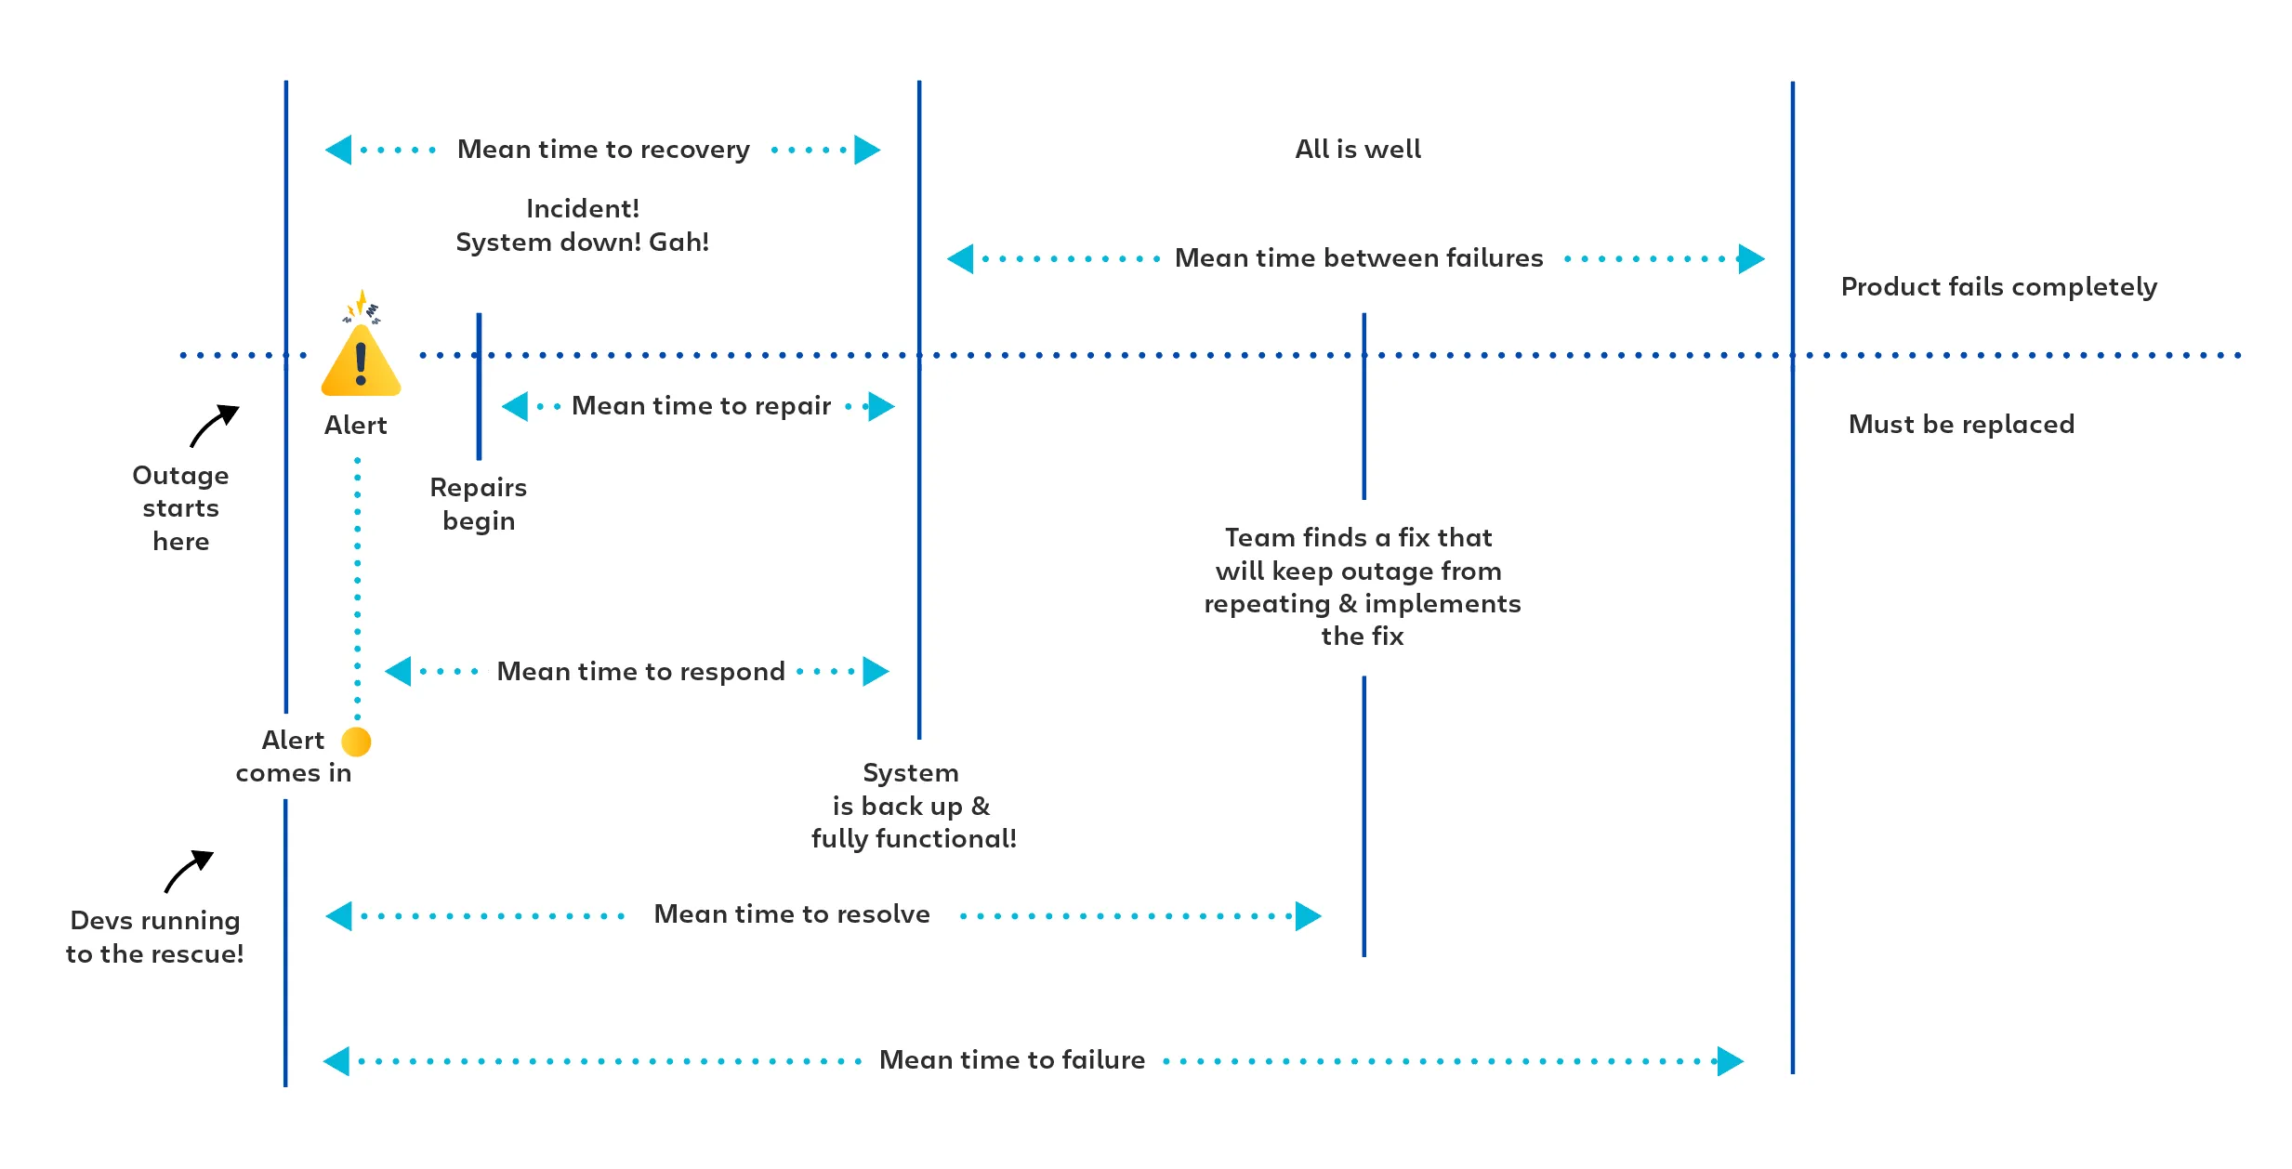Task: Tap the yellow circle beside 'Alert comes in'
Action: click(356, 742)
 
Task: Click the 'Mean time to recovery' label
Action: click(603, 150)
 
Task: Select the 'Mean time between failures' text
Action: click(1358, 258)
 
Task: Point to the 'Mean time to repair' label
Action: click(701, 406)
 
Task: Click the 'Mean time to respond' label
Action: click(640, 672)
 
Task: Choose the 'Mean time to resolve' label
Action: click(792, 914)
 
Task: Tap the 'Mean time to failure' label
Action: click(1011, 1060)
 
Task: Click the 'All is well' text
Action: click(1358, 150)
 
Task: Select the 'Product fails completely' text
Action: click(1998, 287)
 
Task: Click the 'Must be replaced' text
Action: click(1961, 425)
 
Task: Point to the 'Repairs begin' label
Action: click(479, 505)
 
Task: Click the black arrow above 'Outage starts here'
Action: click(215, 426)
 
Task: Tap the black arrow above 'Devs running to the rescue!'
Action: click(190, 871)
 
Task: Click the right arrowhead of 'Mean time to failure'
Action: click(1730, 1061)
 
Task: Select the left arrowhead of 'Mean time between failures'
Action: click(961, 258)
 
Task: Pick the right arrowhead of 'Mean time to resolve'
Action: click(1308, 916)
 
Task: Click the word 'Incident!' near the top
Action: click(583, 209)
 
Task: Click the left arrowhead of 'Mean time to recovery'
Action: click(339, 150)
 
